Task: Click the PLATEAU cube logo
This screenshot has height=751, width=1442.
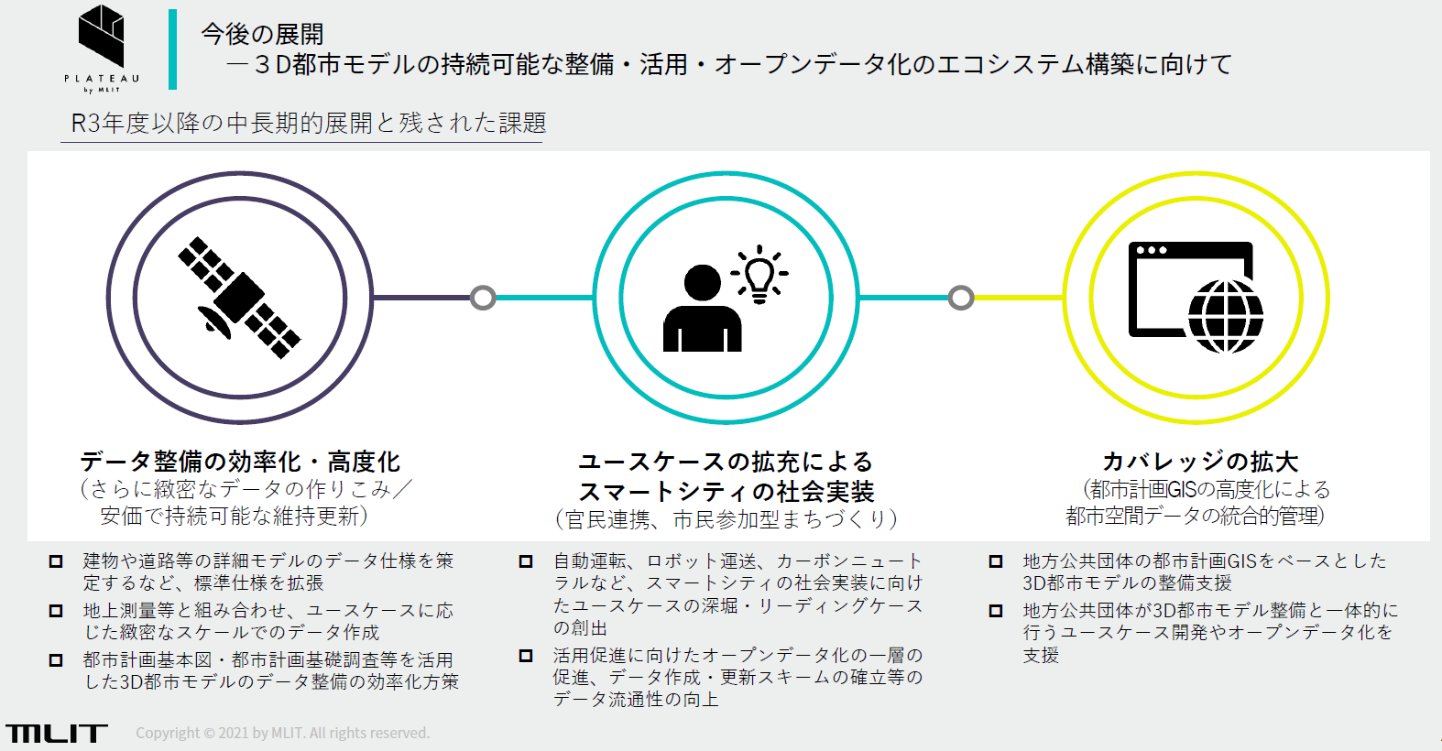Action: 101,36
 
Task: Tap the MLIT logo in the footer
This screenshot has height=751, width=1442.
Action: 57,733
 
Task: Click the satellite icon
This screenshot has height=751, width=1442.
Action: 239,298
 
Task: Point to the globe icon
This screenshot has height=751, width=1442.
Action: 1225,316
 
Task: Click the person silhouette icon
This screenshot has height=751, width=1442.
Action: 703,309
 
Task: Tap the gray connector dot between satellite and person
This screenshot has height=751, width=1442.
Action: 483,298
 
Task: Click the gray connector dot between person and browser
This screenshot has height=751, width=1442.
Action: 961,298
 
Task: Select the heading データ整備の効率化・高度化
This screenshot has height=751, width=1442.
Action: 240,463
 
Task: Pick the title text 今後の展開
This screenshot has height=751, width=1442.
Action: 262,34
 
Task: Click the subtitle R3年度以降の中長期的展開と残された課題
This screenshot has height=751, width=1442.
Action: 309,123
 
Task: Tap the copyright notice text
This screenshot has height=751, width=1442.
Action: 282,733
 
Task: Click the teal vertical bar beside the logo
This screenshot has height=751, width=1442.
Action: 172,49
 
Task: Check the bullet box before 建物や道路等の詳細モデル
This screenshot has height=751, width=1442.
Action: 56,561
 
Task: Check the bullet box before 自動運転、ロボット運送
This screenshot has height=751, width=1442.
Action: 526,561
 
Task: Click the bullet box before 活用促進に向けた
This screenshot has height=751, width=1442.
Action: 526,656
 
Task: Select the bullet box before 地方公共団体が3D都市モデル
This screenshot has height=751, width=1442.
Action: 996,611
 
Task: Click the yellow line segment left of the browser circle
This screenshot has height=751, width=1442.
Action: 1019,298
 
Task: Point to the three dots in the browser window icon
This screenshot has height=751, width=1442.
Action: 1152,250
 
